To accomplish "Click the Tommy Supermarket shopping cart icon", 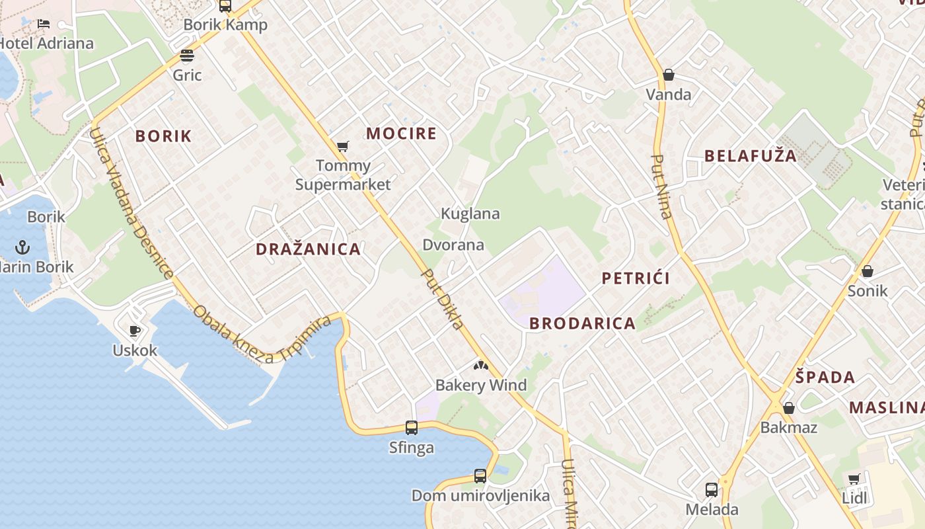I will pyautogui.click(x=342, y=146).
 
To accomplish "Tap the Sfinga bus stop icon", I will pyautogui.click(x=412, y=428).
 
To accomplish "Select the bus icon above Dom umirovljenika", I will pyautogui.click(x=480, y=475).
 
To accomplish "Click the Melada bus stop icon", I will pyautogui.click(x=712, y=490).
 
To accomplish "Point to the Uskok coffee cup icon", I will pyautogui.click(x=135, y=331).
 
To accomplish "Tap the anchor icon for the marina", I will pyautogui.click(x=23, y=248).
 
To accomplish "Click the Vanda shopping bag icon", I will pyautogui.click(x=669, y=75).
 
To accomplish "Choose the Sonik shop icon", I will pyautogui.click(x=868, y=271).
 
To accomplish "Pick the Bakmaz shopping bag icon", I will pyautogui.click(x=788, y=408).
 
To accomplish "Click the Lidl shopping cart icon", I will pyautogui.click(x=854, y=479).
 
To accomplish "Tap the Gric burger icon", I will pyautogui.click(x=187, y=55).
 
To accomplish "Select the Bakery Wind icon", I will pyautogui.click(x=481, y=365).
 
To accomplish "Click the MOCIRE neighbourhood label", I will pyautogui.click(x=402, y=134).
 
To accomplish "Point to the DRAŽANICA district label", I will pyautogui.click(x=309, y=249).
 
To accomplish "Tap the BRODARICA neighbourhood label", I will pyautogui.click(x=583, y=323).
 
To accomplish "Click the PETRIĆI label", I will pyautogui.click(x=636, y=278).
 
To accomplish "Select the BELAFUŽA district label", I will pyautogui.click(x=751, y=156).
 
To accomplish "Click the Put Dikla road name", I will pyautogui.click(x=443, y=300).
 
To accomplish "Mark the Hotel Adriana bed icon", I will pyautogui.click(x=44, y=24).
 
